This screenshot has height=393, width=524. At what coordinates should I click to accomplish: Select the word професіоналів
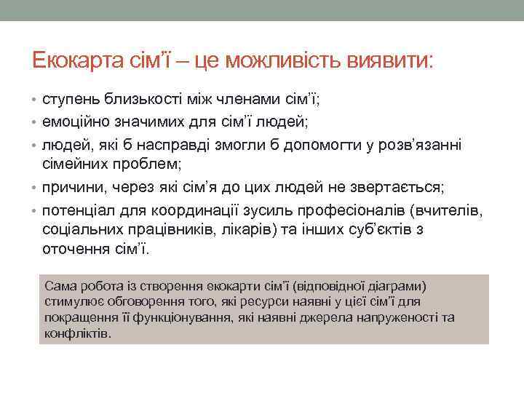pos(354,211)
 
